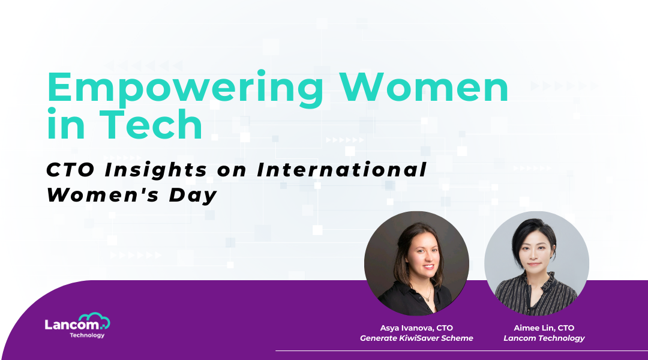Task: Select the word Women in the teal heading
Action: pos(424,87)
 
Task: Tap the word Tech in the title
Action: pos(151,124)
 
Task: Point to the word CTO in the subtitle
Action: pos(70,169)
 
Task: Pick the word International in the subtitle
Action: pos(341,169)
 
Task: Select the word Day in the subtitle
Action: pos(193,195)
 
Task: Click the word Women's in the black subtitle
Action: pos(103,194)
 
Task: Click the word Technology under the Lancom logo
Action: pos(87,335)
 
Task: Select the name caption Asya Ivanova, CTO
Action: pos(416,328)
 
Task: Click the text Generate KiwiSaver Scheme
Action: pos(416,338)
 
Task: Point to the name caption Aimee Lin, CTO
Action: pos(544,328)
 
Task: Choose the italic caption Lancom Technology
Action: pos(544,338)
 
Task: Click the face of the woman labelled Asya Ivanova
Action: pos(422,253)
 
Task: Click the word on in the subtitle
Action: pos(232,170)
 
